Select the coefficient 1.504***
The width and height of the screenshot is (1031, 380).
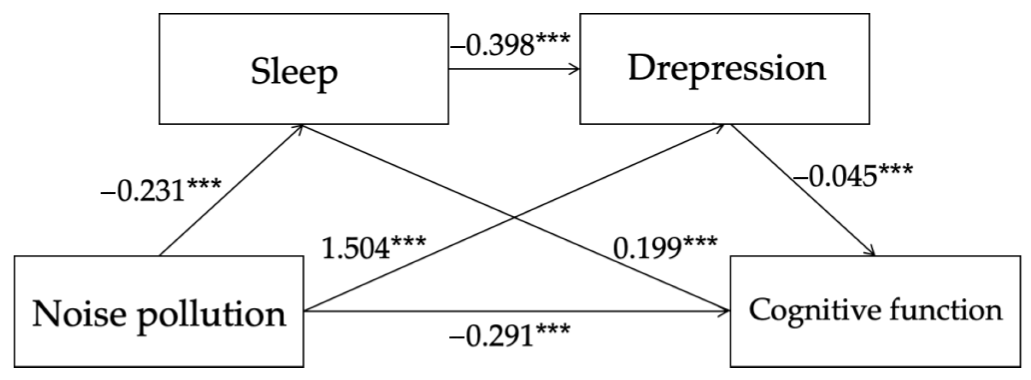(373, 248)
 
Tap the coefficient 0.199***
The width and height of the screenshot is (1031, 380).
(665, 248)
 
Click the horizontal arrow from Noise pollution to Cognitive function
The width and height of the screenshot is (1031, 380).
(516, 311)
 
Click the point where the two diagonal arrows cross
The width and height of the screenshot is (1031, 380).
(515, 218)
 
